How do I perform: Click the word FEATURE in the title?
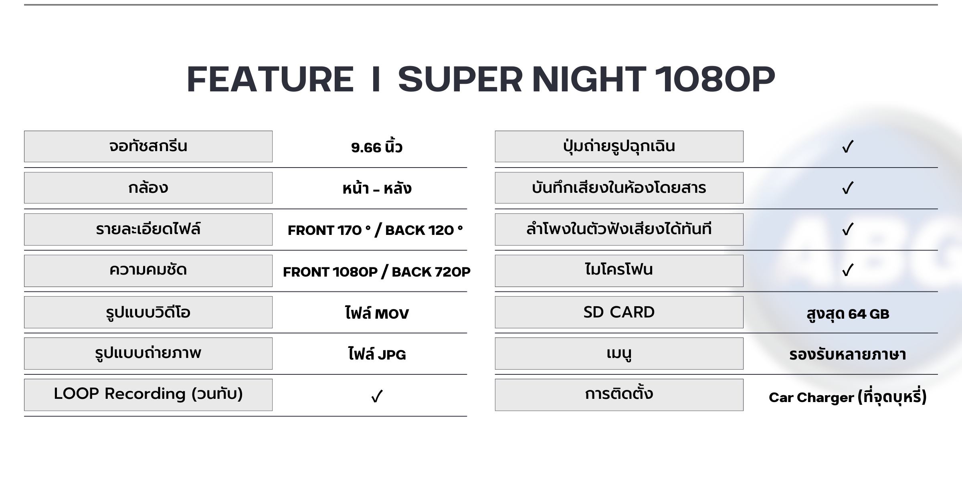tap(270, 79)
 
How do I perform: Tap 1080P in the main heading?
tap(715, 79)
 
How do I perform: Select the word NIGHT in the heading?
tap(589, 79)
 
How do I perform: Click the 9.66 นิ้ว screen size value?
tap(376, 147)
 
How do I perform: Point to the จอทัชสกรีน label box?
tap(148, 146)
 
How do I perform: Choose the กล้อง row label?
tap(148, 188)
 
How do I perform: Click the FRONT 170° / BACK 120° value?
tap(375, 230)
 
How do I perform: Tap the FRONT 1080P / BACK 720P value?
tap(377, 272)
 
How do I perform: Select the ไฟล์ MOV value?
tap(377, 313)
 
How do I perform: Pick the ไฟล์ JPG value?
tap(377, 354)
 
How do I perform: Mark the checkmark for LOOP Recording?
tap(377, 396)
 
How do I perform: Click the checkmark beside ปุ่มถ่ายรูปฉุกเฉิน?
tap(848, 147)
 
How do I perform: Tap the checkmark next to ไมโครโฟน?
tap(848, 271)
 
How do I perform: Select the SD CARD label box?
tap(619, 312)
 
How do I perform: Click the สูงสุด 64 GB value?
tap(848, 313)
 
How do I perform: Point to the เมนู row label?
tap(619, 354)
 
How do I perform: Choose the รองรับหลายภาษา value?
tap(848, 354)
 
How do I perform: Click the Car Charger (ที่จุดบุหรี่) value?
tap(848, 397)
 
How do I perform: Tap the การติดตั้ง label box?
tap(619, 395)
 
